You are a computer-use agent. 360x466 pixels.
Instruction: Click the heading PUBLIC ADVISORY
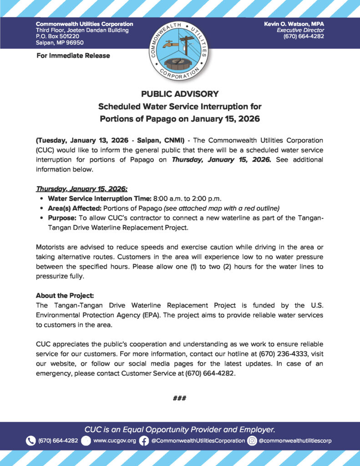[x=180, y=94]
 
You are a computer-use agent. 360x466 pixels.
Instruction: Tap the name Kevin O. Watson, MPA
[x=294, y=24]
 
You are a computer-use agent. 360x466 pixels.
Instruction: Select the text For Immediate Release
[x=73, y=56]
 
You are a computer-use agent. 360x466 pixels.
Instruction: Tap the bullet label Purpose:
[x=62, y=218]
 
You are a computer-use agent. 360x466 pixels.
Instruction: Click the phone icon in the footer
[x=30, y=441]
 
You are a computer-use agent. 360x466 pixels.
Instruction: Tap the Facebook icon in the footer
[x=144, y=441]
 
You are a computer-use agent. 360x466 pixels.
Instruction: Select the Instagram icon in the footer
[x=252, y=441]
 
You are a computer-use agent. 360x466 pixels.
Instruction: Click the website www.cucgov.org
[x=114, y=441]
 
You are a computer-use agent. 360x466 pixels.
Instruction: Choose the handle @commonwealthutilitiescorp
[x=295, y=441]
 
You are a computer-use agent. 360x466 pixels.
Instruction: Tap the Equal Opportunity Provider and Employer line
[x=180, y=429]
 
